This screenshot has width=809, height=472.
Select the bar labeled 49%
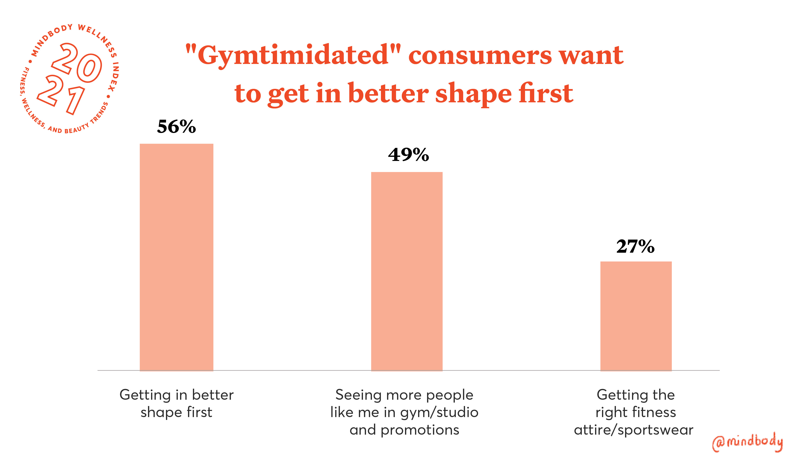pyautogui.click(x=407, y=271)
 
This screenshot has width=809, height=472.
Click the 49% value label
pyautogui.click(x=408, y=155)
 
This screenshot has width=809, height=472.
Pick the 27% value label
pyautogui.click(x=635, y=247)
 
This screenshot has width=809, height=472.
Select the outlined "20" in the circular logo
pyautogui.click(x=77, y=63)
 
